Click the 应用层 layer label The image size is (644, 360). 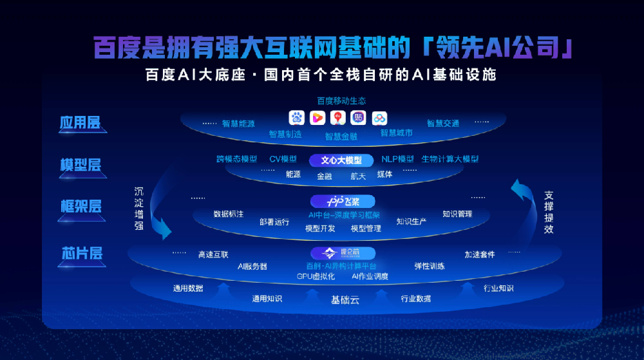click(x=80, y=122)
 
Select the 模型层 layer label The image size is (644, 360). click(x=80, y=165)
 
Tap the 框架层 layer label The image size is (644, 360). click(x=80, y=207)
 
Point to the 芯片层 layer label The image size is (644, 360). click(x=80, y=252)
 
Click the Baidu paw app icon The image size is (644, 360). click(x=296, y=118)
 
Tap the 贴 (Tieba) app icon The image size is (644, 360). click(x=358, y=118)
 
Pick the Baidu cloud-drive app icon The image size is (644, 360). click(x=379, y=118)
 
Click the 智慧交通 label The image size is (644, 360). click(x=443, y=123)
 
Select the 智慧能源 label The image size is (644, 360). click(x=238, y=123)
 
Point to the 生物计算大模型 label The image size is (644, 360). click(x=450, y=159)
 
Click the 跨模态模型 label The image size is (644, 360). click(x=236, y=159)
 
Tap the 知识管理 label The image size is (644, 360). click(x=457, y=214)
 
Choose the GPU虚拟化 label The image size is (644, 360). click(x=315, y=276)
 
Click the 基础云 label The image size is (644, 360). click(x=345, y=299)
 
